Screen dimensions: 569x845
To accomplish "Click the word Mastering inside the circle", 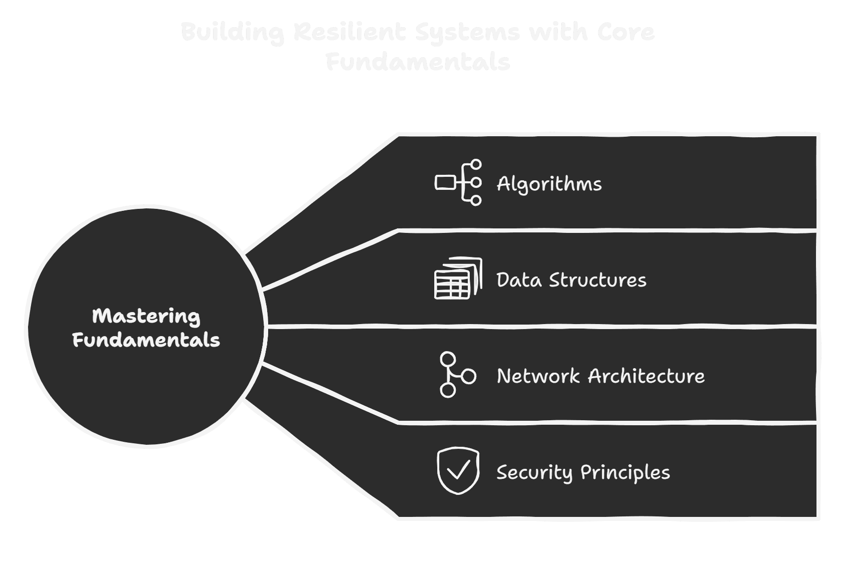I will pos(146,317).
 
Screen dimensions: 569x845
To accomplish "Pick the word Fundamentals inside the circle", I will pos(146,340).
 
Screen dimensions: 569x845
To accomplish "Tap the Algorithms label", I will pos(549,184).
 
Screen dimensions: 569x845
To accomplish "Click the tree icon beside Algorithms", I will pos(458,183).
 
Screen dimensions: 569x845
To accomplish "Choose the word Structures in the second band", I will pos(598,280).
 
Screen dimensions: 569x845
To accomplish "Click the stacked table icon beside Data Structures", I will pos(458,278).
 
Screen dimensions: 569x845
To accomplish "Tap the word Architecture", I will pos(646,376).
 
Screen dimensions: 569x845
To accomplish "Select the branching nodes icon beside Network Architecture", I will pos(457,375).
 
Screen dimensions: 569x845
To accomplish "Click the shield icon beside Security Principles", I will pos(458,471).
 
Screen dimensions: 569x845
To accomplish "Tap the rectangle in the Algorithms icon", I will pos(444,183).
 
